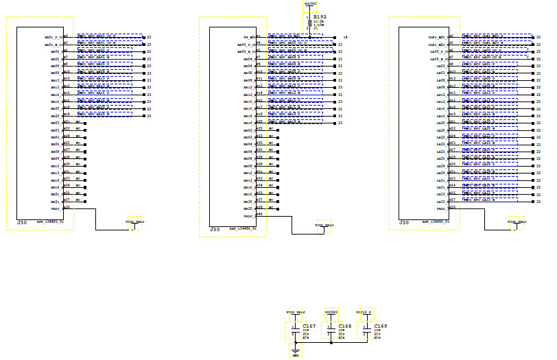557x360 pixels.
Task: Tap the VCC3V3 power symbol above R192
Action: pos(310,4)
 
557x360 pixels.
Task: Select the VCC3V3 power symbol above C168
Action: pos(331,312)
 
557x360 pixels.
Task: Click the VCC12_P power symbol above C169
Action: pos(366,312)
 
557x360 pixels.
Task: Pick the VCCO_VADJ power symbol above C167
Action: pos(296,312)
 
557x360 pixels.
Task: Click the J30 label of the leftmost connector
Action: pos(21,223)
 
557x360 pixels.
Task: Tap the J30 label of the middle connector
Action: pos(215,229)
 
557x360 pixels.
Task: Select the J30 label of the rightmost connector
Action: pos(404,223)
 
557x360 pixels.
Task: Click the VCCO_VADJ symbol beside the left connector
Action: pos(134,222)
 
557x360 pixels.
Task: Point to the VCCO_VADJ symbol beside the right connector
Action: pos(517,222)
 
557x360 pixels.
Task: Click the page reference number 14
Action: pos(345,36)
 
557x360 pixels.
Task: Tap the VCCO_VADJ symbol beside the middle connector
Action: pos(324,226)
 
